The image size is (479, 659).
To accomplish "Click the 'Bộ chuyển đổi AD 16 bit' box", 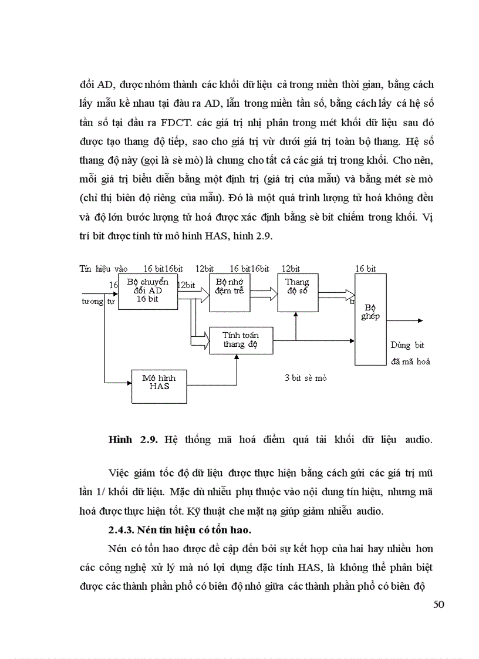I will click(x=147, y=291).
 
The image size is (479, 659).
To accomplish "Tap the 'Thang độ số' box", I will click(x=298, y=293).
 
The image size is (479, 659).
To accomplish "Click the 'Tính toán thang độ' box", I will click(x=241, y=340).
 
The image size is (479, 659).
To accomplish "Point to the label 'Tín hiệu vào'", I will click(x=103, y=269).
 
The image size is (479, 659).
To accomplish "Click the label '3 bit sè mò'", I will click(x=305, y=378).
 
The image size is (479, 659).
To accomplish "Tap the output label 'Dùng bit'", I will click(x=407, y=345).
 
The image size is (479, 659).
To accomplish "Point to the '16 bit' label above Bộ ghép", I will click(x=365, y=269).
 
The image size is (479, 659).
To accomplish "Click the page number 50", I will click(x=438, y=605).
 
